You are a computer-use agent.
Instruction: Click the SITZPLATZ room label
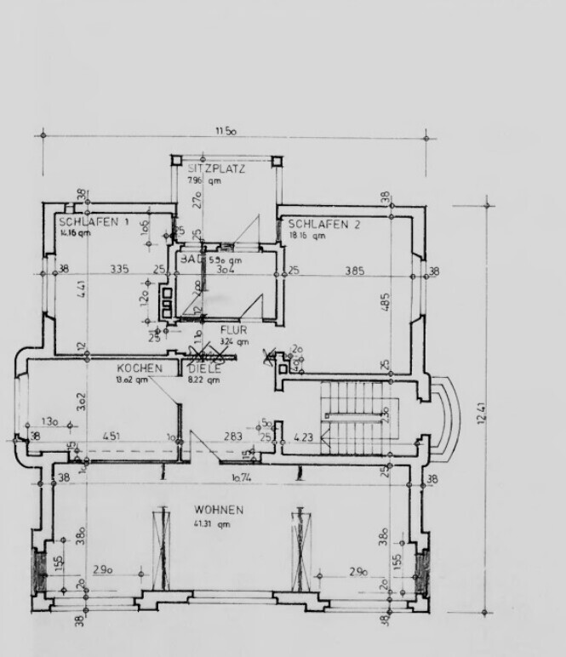pos(216,169)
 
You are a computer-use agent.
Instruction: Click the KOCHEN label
pos(140,368)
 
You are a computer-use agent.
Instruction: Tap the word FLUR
pos(233,329)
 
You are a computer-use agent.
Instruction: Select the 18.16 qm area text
pos(306,236)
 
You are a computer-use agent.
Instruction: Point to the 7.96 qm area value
pos(204,180)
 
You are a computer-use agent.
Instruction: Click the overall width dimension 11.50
pos(225,131)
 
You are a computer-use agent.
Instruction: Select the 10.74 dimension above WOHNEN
pos(244,479)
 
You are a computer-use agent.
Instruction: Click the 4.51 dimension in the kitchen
pos(111,437)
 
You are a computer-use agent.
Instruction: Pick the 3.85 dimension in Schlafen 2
pos(355,271)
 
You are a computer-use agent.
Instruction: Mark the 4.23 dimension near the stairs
pos(304,438)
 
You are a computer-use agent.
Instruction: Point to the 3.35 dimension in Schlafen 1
pos(119,270)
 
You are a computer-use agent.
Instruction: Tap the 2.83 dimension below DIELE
pos(232,437)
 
